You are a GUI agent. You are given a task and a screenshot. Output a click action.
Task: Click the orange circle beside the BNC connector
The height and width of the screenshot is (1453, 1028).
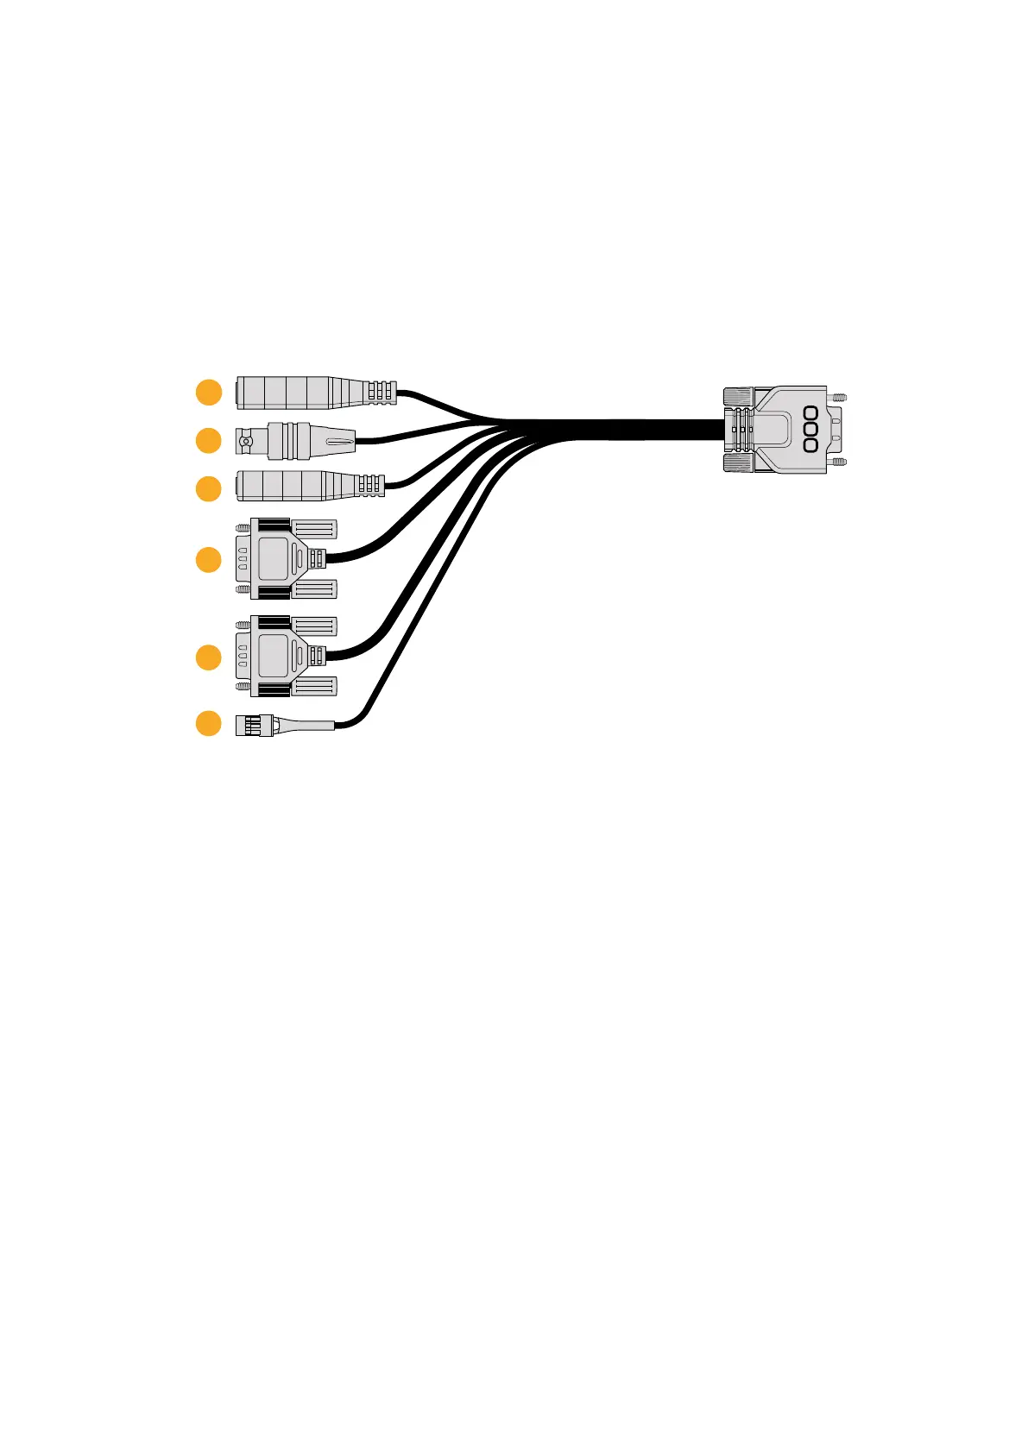208,441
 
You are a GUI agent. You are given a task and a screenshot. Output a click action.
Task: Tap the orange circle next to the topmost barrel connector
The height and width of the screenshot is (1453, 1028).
208,393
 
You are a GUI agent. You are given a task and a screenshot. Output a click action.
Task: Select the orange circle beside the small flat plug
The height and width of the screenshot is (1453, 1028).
208,722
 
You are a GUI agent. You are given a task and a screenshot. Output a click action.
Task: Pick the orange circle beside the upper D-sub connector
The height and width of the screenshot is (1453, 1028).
208,559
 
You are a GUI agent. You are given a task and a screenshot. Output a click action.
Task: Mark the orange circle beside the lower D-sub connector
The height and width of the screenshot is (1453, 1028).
208,657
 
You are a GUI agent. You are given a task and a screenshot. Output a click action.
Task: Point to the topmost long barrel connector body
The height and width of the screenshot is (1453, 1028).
293,393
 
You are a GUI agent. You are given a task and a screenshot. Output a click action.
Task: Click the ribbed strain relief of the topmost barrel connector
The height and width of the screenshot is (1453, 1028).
380,393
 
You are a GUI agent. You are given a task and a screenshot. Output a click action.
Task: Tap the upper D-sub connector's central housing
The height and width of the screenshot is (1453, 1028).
274,558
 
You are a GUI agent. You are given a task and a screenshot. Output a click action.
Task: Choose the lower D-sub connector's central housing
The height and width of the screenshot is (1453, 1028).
274,657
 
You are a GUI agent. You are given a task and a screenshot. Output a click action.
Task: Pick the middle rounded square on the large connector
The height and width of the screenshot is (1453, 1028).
810,429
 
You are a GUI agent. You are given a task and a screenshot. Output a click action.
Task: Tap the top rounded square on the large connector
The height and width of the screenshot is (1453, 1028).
810,412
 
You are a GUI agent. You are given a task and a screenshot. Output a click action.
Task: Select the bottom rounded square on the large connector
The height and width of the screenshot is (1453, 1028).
810,445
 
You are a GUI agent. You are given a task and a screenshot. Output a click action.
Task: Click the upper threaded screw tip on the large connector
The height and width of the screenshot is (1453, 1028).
838,397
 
